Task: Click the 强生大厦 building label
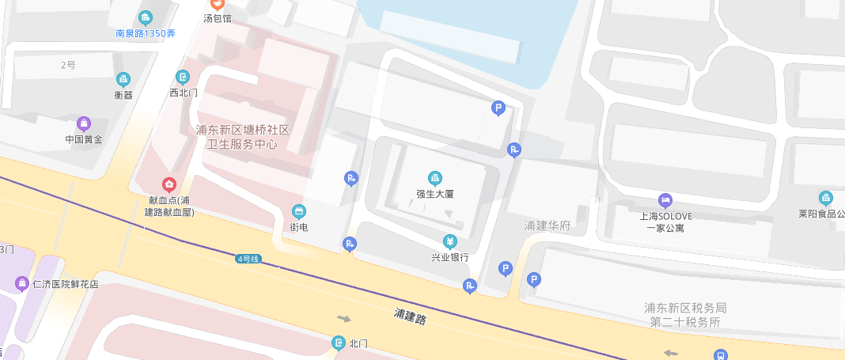pyautogui.click(x=434, y=193)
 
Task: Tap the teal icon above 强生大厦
pyautogui.click(x=434, y=178)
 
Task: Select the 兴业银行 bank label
pyautogui.click(x=449, y=257)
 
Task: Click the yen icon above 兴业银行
pyautogui.click(x=449, y=241)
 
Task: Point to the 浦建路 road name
pyautogui.click(x=410, y=316)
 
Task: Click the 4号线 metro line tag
pyautogui.click(x=248, y=259)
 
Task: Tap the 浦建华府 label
pyautogui.click(x=548, y=226)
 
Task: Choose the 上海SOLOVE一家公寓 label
pyautogui.click(x=665, y=222)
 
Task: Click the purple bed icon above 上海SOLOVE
pyautogui.click(x=665, y=201)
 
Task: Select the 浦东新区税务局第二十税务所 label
pyautogui.click(x=685, y=315)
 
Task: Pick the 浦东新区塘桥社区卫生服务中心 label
pyautogui.click(x=244, y=137)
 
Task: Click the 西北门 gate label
pyautogui.click(x=184, y=93)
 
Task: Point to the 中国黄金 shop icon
pyautogui.click(x=84, y=123)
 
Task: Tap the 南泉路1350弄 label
pyautogui.click(x=146, y=34)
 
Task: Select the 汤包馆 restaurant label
pyautogui.click(x=218, y=18)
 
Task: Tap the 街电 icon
pyautogui.click(x=299, y=211)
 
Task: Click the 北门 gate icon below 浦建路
pyautogui.click(x=339, y=343)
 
